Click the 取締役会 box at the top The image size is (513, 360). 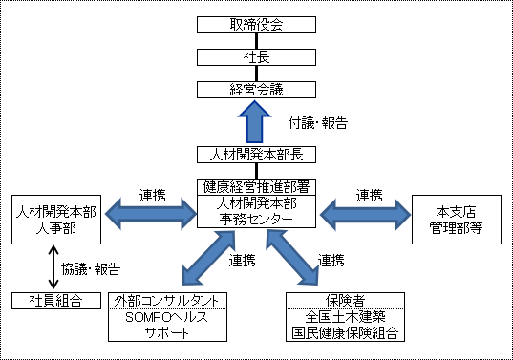255,24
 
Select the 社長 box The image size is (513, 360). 255,57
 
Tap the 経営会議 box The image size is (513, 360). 255,90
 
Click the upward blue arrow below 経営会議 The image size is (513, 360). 255,120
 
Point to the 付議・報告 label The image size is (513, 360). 316,123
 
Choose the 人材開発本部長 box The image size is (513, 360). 255,154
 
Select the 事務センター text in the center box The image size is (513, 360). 255,218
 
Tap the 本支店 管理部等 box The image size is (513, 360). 456,219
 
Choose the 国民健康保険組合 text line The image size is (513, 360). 346,333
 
